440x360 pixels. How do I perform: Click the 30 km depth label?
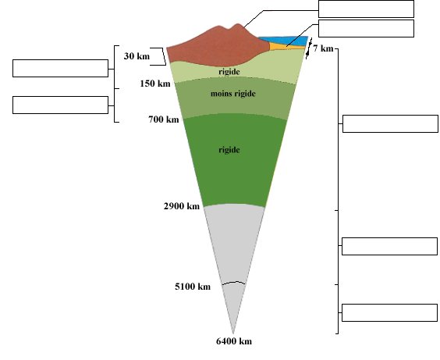pyautogui.click(x=137, y=56)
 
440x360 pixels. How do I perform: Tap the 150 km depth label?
pyautogui.click(x=155, y=84)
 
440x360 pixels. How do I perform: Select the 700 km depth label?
pyautogui.click(x=164, y=119)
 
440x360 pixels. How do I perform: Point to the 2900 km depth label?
pyautogui.click(x=182, y=206)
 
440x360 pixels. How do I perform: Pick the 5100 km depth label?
pyautogui.click(x=193, y=287)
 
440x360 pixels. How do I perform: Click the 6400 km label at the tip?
pyautogui.click(x=234, y=341)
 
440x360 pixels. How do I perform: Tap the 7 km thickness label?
pyautogui.click(x=323, y=48)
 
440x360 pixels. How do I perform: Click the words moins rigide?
pyautogui.click(x=233, y=94)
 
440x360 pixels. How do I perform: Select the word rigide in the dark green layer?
pyautogui.click(x=229, y=150)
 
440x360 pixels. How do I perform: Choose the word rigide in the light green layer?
pyautogui.click(x=229, y=72)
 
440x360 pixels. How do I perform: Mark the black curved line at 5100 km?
pyautogui.click(x=233, y=282)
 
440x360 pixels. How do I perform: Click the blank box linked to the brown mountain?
pyautogui.click(x=366, y=9)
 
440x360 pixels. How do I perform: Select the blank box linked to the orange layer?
pyautogui.click(x=366, y=28)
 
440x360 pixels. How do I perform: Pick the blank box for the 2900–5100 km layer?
pyautogui.click(x=389, y=246)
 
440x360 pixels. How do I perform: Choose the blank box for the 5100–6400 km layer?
pyautogui.click(x=389, y=312)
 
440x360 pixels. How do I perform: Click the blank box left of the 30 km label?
pyautogui.click(x=60, y=68)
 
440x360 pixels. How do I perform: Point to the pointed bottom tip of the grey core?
pyautogui.click(x=233, y=333)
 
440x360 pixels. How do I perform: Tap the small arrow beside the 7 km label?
pyautogui.click(x=309, y=48)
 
